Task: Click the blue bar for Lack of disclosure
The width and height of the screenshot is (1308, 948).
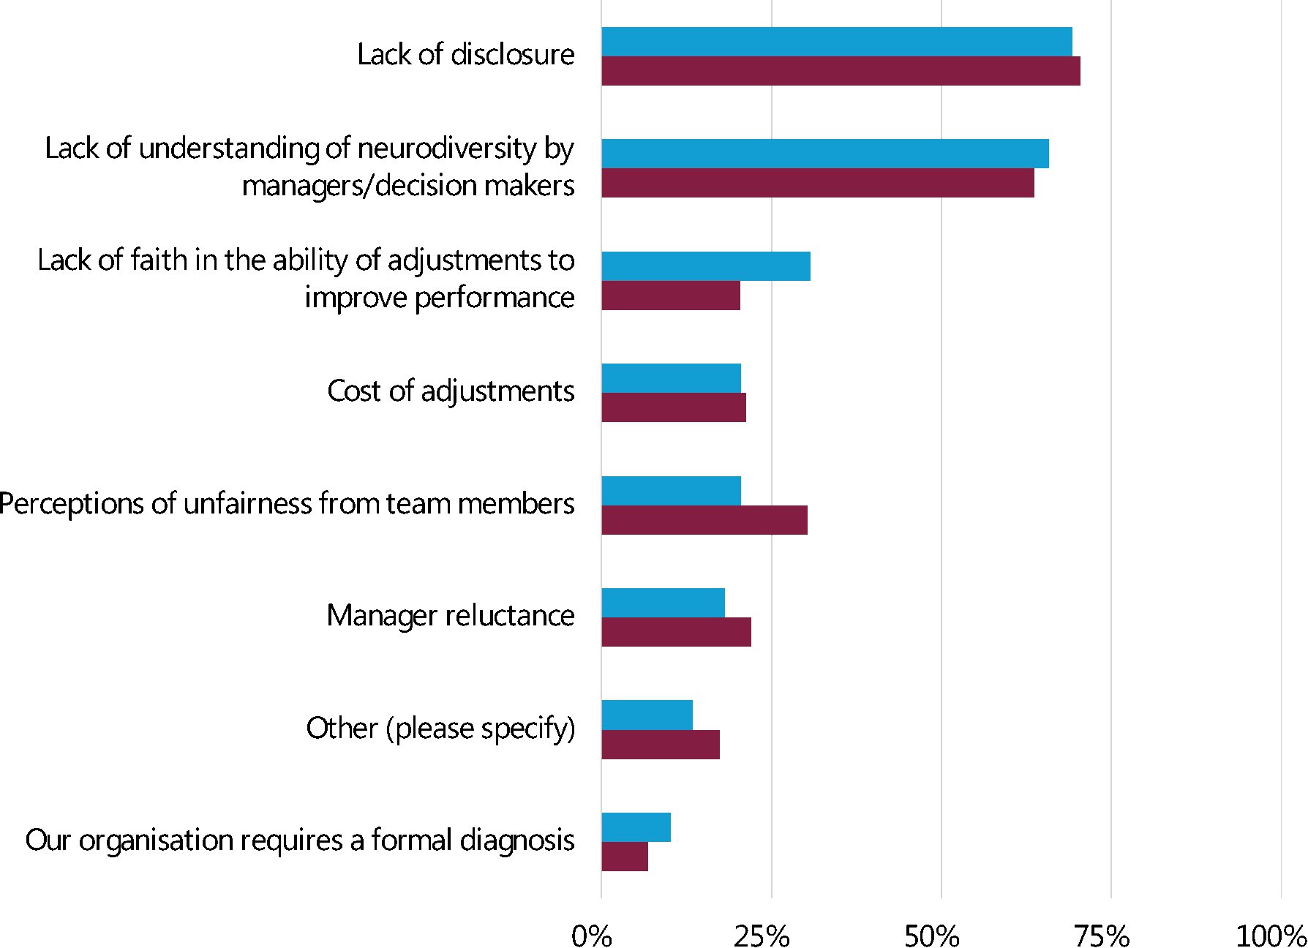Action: click(836, 42)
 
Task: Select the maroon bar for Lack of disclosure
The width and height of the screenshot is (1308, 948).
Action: click(841, 71)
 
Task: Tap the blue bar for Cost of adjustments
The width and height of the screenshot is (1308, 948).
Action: click(671, 378)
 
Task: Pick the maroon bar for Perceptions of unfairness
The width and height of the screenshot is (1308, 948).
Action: click(704, 520)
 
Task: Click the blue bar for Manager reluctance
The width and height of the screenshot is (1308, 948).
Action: click(663, 603)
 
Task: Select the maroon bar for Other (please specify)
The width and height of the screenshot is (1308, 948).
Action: click(660, 745)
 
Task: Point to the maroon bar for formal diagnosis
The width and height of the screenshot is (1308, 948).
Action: click(624, 857)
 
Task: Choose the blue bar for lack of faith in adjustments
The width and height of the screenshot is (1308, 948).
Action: click(705, 266)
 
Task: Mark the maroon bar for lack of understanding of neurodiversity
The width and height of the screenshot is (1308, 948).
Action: click(817, 183)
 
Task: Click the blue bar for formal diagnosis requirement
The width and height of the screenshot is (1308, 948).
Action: click(636, 827)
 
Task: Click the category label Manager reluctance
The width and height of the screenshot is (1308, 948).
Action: click(451, 616)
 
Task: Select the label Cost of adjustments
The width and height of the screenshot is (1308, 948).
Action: click(451, 391)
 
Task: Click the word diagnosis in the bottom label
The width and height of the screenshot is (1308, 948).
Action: click(517, 840)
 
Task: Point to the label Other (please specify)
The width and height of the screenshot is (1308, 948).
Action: click(440, 729)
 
